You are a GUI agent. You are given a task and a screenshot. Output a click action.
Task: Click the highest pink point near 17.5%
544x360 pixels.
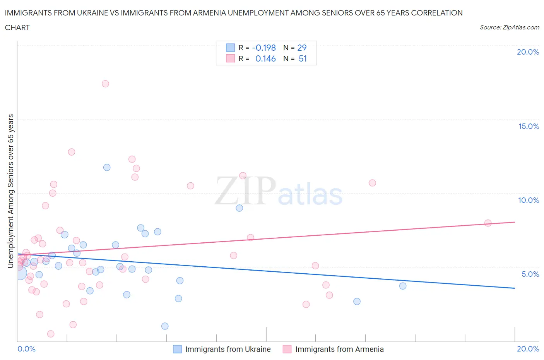tap(105, 84)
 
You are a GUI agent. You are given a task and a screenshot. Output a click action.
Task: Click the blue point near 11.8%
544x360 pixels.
tap(107, 167)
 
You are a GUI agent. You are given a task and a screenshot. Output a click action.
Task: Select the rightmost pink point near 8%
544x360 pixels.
tap(488, 223)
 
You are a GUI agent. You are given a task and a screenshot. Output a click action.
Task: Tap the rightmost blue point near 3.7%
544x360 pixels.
tap(403, 286)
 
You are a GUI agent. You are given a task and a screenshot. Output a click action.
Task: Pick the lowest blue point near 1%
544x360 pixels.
tap(165, 326)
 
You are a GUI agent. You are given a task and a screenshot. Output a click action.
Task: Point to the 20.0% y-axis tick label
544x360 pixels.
tap(528, 52)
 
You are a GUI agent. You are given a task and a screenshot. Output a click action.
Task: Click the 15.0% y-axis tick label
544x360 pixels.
tap(529, 126)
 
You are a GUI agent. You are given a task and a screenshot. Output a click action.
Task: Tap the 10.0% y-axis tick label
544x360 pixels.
tap(529, 200)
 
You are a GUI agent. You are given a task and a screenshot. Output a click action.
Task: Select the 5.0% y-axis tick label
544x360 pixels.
tap(530, 274)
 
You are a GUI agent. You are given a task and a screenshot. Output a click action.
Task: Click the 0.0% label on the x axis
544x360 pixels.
tap(26, 349)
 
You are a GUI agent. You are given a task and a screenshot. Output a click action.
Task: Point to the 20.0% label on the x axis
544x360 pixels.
tap(528, 349)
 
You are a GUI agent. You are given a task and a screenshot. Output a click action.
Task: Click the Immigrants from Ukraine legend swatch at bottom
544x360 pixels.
tap(177, 349)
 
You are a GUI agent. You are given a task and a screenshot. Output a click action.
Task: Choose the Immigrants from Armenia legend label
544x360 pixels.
tap(339, 349)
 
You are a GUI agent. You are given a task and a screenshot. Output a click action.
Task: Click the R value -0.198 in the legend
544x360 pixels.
tap(264, 48)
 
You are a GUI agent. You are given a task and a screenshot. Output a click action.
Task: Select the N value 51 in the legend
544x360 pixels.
tap(303, 58)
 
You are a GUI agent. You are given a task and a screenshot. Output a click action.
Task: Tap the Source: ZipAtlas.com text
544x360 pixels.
tap(509, 27)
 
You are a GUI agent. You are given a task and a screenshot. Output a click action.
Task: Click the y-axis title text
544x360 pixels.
tap(10, 191)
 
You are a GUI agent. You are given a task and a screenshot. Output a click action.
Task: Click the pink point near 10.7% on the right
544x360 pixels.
tap(372, 183)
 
